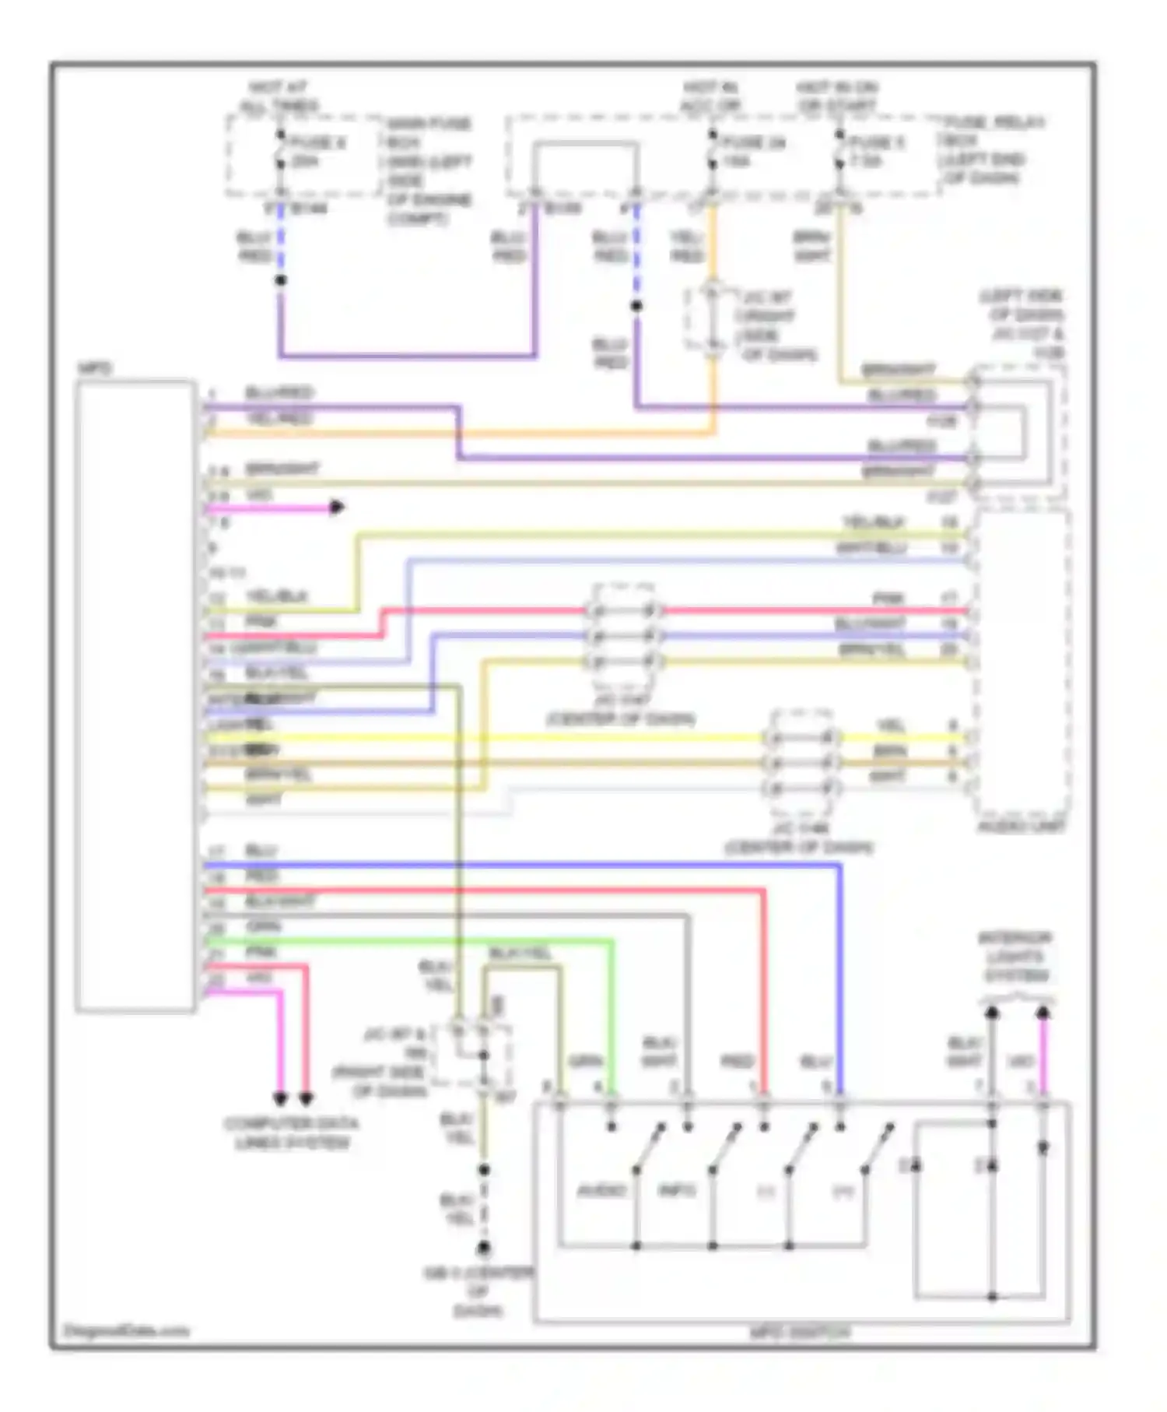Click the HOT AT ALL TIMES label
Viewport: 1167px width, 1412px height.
point(279,97)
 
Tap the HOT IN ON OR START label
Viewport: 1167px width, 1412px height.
point(836,97)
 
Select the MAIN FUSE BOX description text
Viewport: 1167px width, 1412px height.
point(429,170)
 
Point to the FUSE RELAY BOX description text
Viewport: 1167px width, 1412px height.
point(994,150)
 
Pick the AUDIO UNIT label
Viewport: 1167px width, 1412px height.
point(1022,826)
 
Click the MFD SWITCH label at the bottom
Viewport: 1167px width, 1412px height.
point(800,1333)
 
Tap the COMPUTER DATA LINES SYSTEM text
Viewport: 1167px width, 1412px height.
point(291,1133)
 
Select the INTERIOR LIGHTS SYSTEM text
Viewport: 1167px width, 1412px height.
point(1015,957)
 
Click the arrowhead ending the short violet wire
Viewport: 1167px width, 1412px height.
point(337,508)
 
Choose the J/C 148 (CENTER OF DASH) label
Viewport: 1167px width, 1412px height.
point(799,838)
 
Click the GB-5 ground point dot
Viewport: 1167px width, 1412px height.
point(483,1249)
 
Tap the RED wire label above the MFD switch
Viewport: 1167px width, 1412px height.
point(736,1061)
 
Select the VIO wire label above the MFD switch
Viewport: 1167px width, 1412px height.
point(1020,1061)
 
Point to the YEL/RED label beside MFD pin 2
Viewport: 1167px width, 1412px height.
point(279,419)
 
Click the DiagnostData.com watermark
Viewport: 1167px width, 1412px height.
point(126,1330)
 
